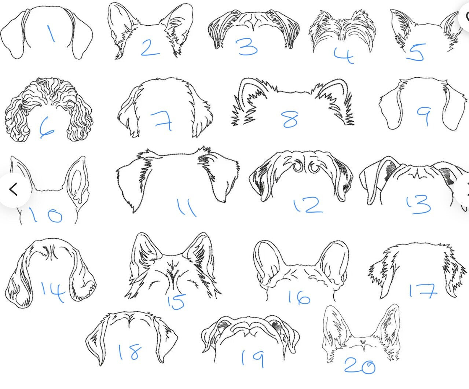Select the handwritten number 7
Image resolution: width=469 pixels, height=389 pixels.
(x=162, y=121)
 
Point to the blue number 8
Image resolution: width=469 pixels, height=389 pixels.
(x=291, y=119)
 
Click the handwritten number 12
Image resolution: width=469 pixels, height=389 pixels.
(x=308, y=205)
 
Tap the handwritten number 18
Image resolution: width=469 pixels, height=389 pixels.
(x=130, y=352)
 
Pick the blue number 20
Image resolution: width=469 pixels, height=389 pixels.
(x=360, y=366)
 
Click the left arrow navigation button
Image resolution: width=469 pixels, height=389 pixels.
(x=14, y=189)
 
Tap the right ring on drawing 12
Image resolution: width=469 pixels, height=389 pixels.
(x=314, y=167)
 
